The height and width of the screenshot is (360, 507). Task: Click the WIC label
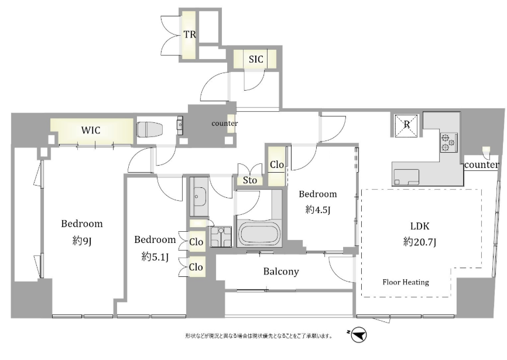coord(91,130)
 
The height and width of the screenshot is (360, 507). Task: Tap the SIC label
coord(256,59)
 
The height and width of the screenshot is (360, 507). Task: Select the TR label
coord(190,35)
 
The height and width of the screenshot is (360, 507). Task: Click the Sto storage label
coord(249,180)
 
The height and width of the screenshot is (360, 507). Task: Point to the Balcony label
coord(281,272)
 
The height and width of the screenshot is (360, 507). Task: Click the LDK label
coord(420,226)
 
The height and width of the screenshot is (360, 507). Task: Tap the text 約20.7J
coord(420,242)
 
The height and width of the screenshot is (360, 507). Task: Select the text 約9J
coord(82,241)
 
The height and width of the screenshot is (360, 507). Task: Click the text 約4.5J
coord(318,210)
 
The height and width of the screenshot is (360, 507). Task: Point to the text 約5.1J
coord(155,257)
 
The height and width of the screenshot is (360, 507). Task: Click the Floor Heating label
coord(406,282)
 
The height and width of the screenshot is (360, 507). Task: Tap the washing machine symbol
coord(221,236)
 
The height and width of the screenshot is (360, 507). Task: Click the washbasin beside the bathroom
coord(198,197)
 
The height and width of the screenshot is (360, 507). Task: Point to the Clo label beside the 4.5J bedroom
coord(277,165)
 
